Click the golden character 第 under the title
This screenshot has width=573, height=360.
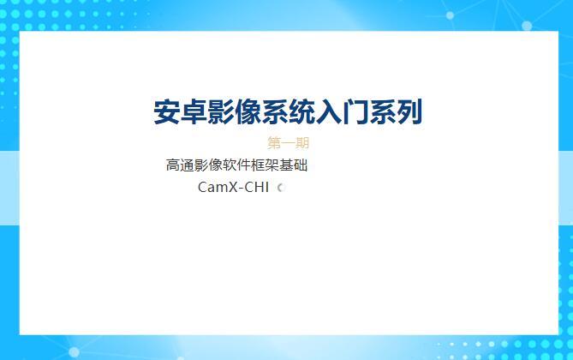click(x=274, y=143)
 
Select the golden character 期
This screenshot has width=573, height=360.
click(x=302, y=143)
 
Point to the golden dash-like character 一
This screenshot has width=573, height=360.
click(x=289, y=143)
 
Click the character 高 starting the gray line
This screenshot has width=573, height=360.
click(x=173, y=165)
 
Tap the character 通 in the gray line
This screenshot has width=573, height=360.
click(x=188, y=165)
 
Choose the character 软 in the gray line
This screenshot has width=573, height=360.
click(x=230, y=165)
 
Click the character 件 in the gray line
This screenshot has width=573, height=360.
click(x=244, y=165)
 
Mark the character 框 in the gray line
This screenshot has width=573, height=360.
click(x=259, y=165)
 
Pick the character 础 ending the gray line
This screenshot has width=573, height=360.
click(x=301, y=165)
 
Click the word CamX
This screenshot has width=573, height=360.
click(x=216, y=187)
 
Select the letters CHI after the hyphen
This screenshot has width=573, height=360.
click(x=257, y=187)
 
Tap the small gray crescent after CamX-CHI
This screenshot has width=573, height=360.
click(x=280, y=188)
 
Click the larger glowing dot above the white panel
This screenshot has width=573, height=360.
click(x=451, y=15)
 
